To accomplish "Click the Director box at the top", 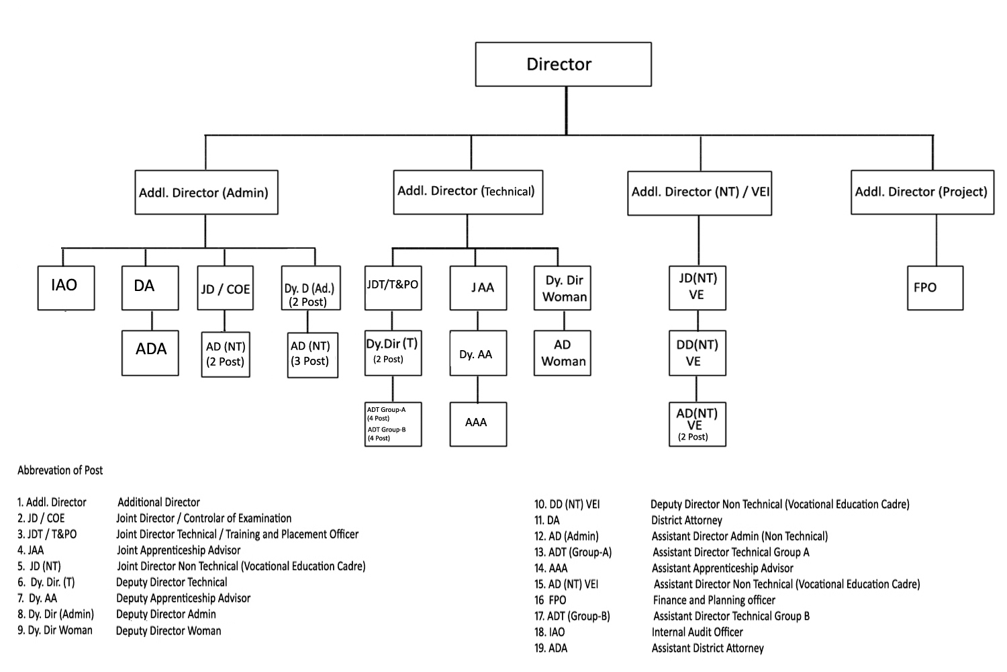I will pyautogui.click(x=563, y=65).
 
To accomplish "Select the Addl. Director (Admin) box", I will pyautogui.click(x=206, y=193).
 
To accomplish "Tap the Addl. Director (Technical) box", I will pyautogui.click(x=468, y=192).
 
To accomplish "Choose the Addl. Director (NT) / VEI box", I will pyautogui.click(x=700, y=193).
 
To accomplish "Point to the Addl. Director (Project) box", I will pyautogui.click(x=922, y=193).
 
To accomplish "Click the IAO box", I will pyautogui.click(x=66, y=288).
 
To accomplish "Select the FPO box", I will pyautogui.click(x=934, y=288).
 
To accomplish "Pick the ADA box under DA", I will pyautogui.click(x=150, y=352).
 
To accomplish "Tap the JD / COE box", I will pyautogui.click(x=225, y=288).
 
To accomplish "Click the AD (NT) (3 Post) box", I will pyautogui.click(x=312, y=354).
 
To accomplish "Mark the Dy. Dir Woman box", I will pyautogui.click(x=563, y=288).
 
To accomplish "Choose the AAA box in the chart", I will pyautogui.click(x=477, y=424).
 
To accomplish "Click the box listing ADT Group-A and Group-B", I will pyautogui.click(x=393, y=424).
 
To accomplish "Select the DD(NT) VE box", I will pyautogui.click(x=697, y=353).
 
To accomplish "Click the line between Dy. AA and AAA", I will pyautogui.click(x=477, y=389).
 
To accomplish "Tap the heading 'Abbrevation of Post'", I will pyautogui.click(x=60, y=470).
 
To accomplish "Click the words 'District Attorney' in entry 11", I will pyautogui.click(x=686, y=520).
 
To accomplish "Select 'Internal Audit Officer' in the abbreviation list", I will pyautogui.click(x=697, y=632).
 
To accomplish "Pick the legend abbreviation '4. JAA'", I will pyautogui.click(x=31, y=550).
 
